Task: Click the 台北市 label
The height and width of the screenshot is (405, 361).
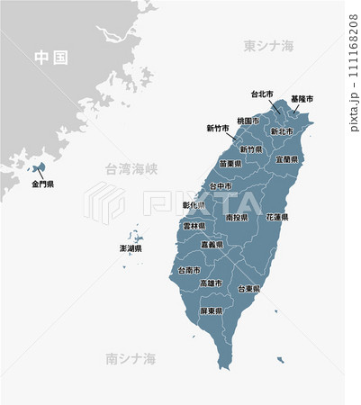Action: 262,94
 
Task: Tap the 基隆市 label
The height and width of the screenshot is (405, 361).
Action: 302,98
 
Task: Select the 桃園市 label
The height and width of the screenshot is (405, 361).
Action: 248,121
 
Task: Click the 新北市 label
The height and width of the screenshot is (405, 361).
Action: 283,131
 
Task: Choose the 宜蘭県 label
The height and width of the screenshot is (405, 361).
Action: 287,159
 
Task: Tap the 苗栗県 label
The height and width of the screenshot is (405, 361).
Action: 230,164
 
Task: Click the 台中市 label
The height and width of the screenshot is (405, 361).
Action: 220,186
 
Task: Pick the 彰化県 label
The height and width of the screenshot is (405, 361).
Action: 194,205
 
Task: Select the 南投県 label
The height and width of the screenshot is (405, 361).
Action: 237,218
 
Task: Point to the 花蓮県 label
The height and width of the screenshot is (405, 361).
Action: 276,218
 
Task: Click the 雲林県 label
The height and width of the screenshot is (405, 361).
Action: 194,227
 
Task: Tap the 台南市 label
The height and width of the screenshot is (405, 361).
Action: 189,269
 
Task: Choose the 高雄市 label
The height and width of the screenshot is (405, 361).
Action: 212,283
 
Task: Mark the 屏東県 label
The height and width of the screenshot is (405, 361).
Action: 212,311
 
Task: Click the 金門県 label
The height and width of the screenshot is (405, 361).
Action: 43,184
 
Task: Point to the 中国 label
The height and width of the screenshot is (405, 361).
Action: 50,58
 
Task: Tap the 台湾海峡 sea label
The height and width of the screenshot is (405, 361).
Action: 131,168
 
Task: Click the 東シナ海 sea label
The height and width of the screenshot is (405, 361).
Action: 269,45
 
